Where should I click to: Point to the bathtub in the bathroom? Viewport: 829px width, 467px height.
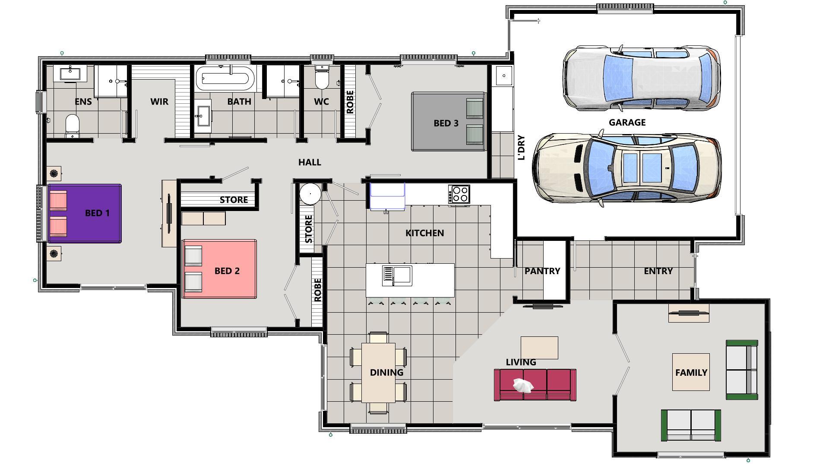[x=223, y=78]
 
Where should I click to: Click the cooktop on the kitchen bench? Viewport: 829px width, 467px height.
[x=459, y=193]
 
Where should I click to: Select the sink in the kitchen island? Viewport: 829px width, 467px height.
[x=402, y=275]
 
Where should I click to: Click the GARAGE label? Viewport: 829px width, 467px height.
[x=627, y=122]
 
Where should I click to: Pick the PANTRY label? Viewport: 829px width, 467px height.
[x=542, y=271]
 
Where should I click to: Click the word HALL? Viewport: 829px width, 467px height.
[x=310, y=162]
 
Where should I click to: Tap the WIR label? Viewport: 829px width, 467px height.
[x=159, y=102]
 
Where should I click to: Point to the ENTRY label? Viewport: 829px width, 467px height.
[x=658, y=271]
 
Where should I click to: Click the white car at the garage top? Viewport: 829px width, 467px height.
[x=641, y=78]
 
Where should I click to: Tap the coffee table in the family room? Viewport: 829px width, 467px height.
[x=691, y=372]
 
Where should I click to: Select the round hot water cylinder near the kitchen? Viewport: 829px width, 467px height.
[x=310, y=193]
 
